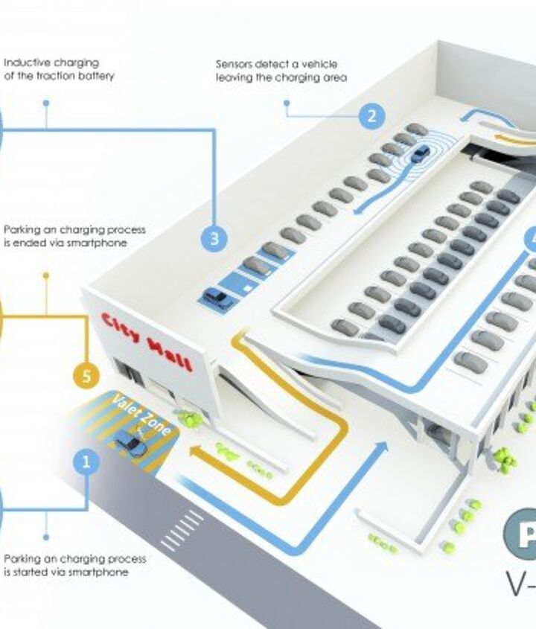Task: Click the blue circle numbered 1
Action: [x=87, y=462]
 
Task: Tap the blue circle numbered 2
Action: [x=371, y=116]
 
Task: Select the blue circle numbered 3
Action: [x=214, y=238]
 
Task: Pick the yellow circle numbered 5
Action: [x=87, y=376]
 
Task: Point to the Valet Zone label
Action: [x=141, y=415]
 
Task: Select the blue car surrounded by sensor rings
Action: [x=421, y=154]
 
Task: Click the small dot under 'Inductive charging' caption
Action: [x=46, y=103]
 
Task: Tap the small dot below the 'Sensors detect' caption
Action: [x=287, y=103]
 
